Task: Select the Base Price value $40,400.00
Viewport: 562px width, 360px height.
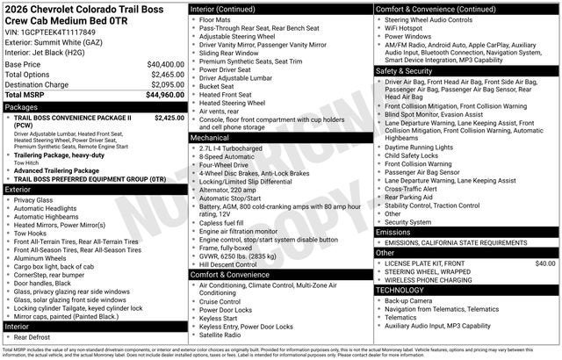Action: click(165, 64)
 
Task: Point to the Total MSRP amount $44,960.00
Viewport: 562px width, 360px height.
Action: click(165, 95)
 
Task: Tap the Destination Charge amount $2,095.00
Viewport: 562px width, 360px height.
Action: click(166, 84)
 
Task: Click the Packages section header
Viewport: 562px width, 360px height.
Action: click(21, 106)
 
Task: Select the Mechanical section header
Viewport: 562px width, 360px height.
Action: click(210, 137)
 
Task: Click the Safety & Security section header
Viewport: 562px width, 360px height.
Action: click(405, 70)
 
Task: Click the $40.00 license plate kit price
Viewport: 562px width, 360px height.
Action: click(545, 263)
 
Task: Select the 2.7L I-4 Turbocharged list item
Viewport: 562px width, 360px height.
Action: click(231, 148)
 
